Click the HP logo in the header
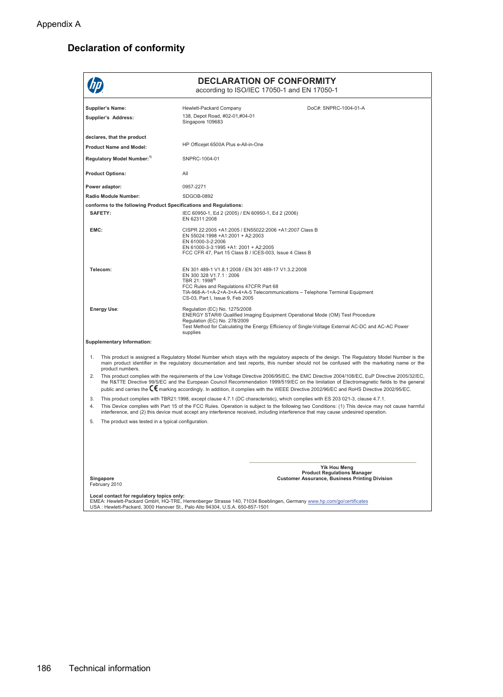click(x=95, y=85)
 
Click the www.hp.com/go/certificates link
click(x=337, y=501)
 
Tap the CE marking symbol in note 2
click(x=153, y=388)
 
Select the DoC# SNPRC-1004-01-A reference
click(x=336, y=108)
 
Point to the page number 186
click(x=44, y=668)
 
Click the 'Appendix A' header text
click(x=59, y=24)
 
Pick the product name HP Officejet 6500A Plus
click(x=223, y=145)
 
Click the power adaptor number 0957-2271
click(x=194, y=187)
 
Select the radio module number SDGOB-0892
click(x=198, y=196)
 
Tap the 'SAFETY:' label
click(x=100, y=213)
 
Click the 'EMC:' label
click(x=96, y=230)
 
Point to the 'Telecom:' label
click(x=100, y=270)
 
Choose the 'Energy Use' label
click(x=104, y=309)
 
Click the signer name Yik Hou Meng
click(x=336, y=467)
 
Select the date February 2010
click(x=105, y=484)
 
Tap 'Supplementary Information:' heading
click(x=118, y=342)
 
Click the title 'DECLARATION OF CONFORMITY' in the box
click(x=267, y=81)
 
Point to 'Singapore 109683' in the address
click(x=202, y=122)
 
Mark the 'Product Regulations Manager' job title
click(x=336, y=473)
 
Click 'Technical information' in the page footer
click(x=110, y=668)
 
